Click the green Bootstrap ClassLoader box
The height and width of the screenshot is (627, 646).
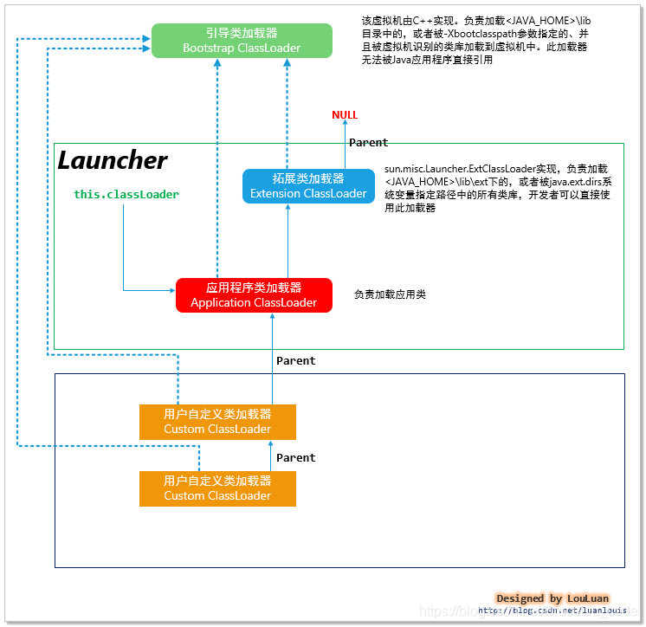pos(242,41)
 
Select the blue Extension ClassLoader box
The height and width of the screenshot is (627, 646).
pos(308,186)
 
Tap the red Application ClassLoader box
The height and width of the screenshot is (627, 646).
pos(254,295)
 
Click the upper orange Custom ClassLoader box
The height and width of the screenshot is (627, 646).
pos(217,422)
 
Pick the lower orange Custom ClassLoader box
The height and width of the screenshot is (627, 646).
pos(217,489)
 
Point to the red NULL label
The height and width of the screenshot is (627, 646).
pos(345,115)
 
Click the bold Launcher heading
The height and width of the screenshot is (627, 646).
pos(113,161)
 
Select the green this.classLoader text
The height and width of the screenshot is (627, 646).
pos(126,195)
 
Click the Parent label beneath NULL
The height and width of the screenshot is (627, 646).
pos(368,142)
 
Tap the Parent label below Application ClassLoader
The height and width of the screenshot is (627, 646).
pos(295,360)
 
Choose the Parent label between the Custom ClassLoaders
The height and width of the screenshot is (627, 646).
pos(295,457)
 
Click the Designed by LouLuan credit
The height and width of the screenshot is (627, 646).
pos(552,598)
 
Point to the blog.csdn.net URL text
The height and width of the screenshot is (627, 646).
pos(553,611)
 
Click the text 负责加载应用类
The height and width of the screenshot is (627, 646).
pos(390,295)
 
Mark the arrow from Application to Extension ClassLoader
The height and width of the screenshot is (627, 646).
pos(287,242)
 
